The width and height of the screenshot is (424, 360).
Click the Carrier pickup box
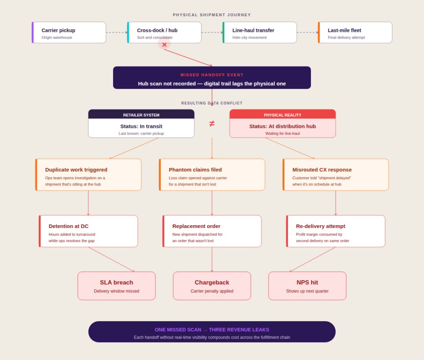69,33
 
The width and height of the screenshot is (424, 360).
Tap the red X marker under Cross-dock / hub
164,45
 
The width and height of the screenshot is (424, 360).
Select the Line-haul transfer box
260,33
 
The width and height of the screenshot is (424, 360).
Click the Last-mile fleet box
355,33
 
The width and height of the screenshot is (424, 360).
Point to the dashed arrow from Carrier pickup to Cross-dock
116,32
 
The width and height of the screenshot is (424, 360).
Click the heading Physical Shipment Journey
212,15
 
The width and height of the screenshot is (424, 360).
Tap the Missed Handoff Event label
212,75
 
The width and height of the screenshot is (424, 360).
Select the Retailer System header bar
141,115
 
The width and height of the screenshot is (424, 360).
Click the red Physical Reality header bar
282,115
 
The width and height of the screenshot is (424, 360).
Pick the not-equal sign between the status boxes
212,123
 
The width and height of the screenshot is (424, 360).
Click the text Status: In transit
141,126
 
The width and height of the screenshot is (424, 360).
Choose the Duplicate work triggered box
89,175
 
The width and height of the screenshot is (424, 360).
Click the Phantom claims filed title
195,170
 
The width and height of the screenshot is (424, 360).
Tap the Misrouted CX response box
336,175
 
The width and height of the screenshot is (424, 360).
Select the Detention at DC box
89,231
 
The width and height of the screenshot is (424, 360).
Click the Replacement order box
212,231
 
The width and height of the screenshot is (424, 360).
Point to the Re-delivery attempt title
320,226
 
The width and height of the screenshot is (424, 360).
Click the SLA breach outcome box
116,286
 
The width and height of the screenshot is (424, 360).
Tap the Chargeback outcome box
212,286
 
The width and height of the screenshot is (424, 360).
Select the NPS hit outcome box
307,286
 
